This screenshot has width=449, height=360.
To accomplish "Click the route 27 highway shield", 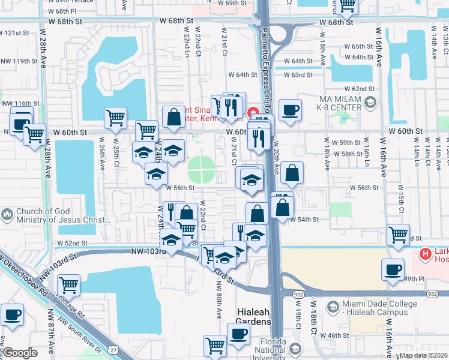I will (112, 350).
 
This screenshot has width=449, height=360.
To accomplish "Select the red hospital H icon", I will (426, 254).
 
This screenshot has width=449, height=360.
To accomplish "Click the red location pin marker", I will (253, 112).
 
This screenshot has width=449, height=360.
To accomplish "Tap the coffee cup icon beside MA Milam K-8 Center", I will (291, 110).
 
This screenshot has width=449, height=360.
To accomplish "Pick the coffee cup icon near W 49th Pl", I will (393, 269).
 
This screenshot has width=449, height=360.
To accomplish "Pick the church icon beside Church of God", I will (7, 214).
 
